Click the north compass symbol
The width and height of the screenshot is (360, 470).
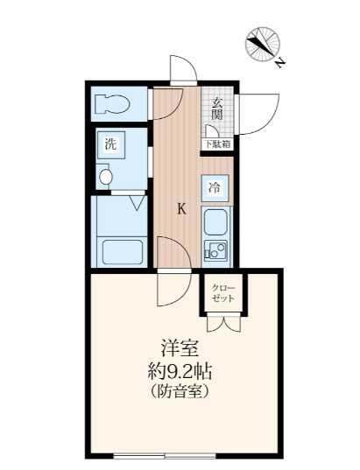click(264, 45)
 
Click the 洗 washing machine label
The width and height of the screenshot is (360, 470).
click(110, 144)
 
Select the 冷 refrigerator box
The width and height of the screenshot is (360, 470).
click(215, 186)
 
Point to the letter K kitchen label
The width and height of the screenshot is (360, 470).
click(182, 208)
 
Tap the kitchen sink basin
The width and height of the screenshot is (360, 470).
click(215, 222)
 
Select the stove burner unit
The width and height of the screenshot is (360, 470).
click(215, 250)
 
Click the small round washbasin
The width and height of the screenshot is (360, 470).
click(106, 178)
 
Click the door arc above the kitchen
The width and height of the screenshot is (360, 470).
click(180, 71)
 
